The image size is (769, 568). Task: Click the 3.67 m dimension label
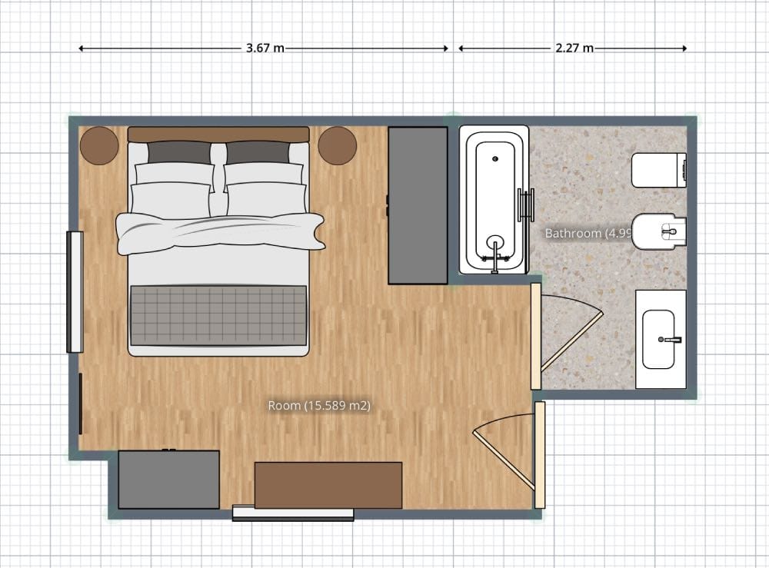pos(265,48)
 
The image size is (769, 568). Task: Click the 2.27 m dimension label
pos(574,48)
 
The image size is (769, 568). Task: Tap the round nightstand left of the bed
pos(99,144)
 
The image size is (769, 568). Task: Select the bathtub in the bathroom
pos(494,200)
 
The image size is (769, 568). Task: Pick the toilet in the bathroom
pos(658,170)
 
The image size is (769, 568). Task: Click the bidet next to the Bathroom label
pos(660,230)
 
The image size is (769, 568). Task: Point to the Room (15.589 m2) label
pos(319,405)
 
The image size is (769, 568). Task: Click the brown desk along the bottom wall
pos(328,484)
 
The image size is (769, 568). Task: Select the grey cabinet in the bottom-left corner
pos(168,479)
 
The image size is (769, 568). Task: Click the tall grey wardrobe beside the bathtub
pos(418,205)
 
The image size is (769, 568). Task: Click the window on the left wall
pos(75,291)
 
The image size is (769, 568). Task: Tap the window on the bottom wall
pos(292,514)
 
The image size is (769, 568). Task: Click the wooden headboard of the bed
pos(218,134)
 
